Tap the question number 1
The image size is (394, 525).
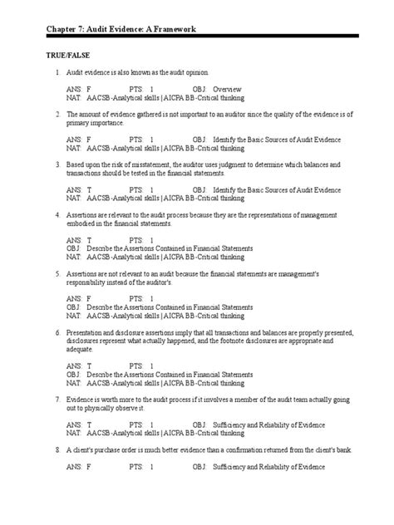57,73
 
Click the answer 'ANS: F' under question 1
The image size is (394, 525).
78,89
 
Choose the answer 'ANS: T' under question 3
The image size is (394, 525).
78,189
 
